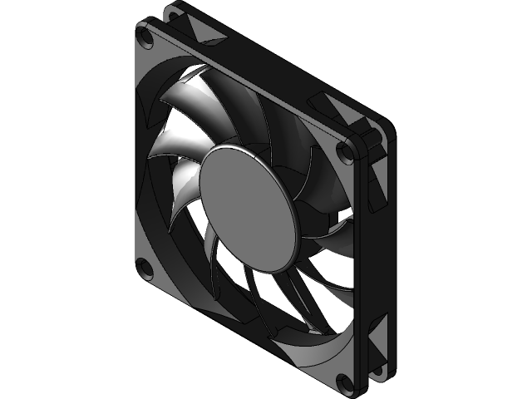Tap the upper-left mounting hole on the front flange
coord(146,37)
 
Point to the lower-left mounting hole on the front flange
coord(145,267)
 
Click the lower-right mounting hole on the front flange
coord(344,382)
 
